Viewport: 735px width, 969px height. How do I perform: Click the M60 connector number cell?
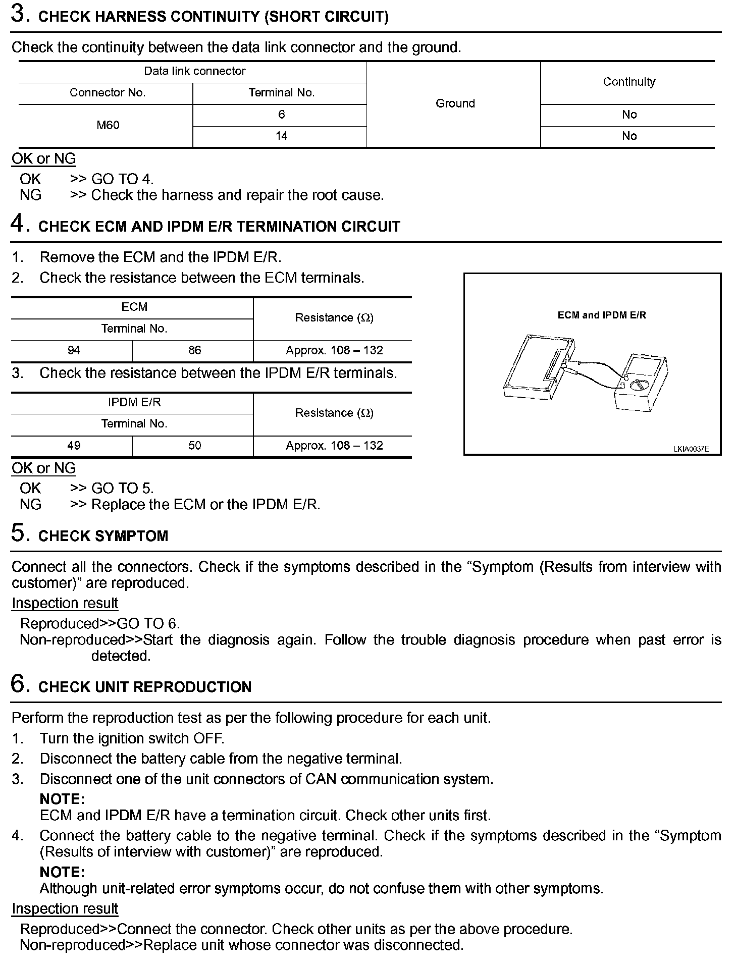108,125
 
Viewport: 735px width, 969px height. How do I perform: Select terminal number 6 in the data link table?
281,115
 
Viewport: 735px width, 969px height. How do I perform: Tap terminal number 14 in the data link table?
281,136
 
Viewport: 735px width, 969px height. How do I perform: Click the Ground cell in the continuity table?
455,103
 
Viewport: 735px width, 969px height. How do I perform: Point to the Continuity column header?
628,82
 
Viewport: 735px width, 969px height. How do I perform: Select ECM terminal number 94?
74,350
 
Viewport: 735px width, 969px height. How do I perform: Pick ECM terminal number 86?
194,350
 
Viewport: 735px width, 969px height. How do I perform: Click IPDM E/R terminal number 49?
74,446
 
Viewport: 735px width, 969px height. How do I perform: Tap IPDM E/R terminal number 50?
194,446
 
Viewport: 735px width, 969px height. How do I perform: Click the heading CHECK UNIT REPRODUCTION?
144,687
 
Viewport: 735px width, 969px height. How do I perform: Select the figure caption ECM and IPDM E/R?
601,315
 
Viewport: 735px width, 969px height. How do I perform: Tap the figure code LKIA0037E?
691,449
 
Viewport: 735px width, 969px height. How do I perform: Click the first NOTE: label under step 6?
62,799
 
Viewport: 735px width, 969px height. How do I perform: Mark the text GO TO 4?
122,179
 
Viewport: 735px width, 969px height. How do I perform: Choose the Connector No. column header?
107,93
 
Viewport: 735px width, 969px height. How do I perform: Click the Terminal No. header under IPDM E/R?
134,424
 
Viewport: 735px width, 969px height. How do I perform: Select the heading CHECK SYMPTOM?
103,535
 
